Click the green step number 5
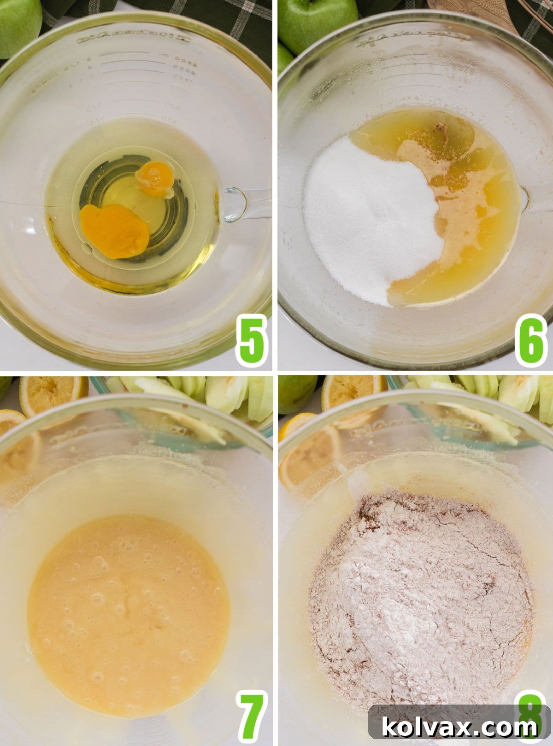(x=252, y=341)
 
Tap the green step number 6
(x=531, y=341)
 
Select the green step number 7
(x=252, y=717)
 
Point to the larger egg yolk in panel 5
(x=114, y=231)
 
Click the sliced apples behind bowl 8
(x=498, y=394)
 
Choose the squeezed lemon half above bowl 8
(x=350, y=391)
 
